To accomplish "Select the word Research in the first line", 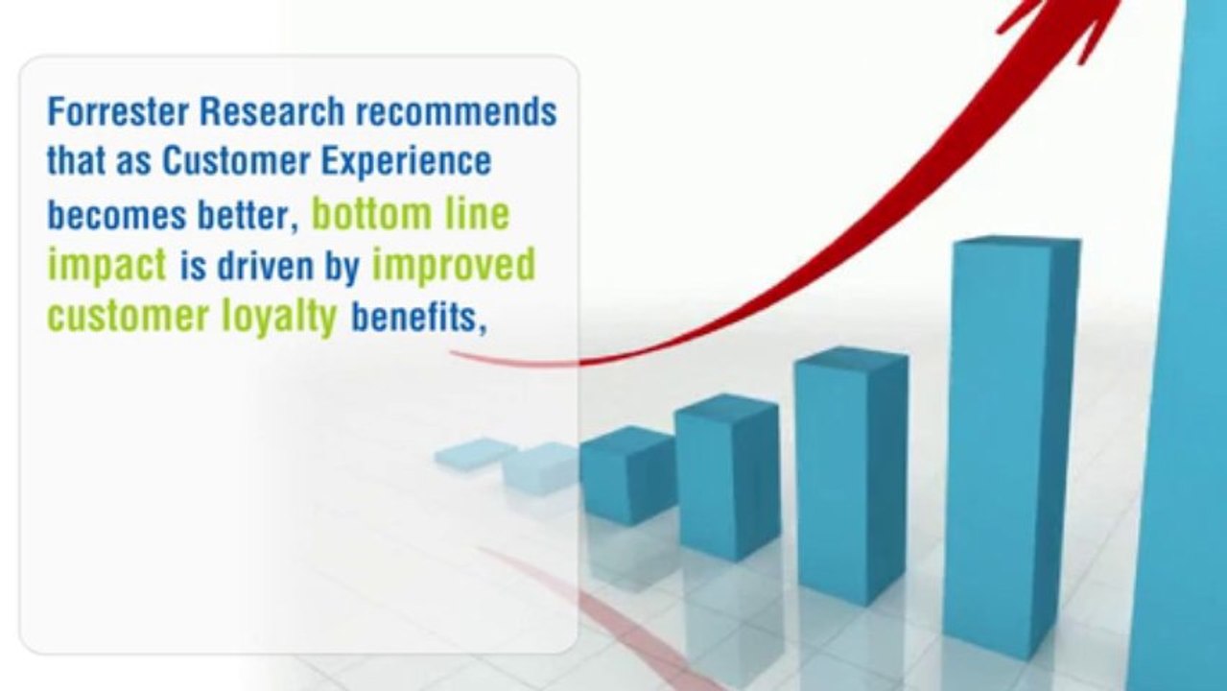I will click(x=273, y=112).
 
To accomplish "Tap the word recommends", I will click(x=456, y=112).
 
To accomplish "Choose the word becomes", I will click(x=114, y=216).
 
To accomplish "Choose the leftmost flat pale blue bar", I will click(x=475, y=453).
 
